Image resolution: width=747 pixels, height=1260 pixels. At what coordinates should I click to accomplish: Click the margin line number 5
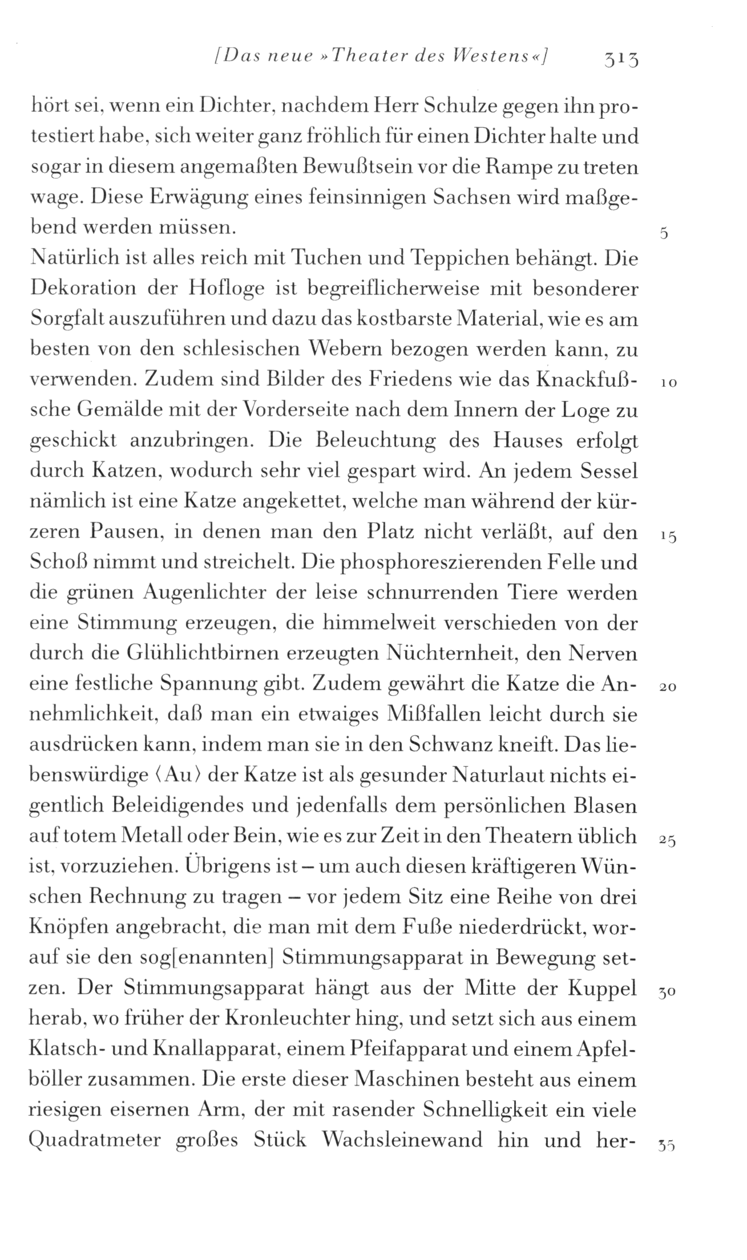664,233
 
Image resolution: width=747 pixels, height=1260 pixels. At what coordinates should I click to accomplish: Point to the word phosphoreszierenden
421,562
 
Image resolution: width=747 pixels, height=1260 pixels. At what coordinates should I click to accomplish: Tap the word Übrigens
230,866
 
